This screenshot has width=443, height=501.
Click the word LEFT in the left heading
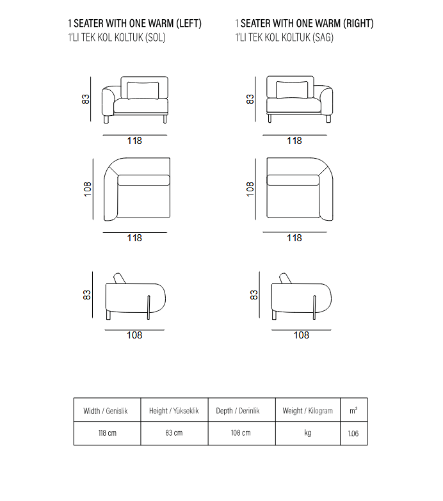(x=189, y=23)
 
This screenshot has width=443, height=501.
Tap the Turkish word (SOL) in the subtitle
(x=156, y=37)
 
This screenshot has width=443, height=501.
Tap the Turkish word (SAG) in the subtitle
(x=323, y=37)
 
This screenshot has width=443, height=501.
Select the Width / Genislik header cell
(x=107, y=410)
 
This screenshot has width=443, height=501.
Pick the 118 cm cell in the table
(x=107, y=433)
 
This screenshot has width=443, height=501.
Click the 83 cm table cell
(x=174, y=433)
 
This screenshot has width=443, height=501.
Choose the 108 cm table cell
(x=241, y=433)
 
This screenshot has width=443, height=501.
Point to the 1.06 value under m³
(x=353, y=434)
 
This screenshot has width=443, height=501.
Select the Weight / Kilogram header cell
(x=307, y=410)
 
